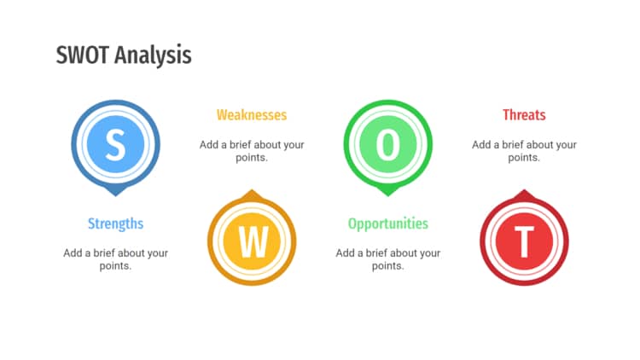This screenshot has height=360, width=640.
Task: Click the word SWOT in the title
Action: click(83, 55)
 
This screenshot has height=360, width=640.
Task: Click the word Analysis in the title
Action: click(153, 56)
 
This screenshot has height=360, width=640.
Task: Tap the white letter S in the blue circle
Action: click(115, 144)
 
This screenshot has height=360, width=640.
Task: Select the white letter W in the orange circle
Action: click(253, 241)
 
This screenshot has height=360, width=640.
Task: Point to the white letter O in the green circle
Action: click(387, 144)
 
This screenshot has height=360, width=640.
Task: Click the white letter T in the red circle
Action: click(524, 241)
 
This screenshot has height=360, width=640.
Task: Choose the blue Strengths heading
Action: click(115, 224)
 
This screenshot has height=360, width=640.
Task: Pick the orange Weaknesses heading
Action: click(252, 114)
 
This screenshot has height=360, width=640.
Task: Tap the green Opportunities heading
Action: click(388, 224)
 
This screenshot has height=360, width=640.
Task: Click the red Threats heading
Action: click(524, 114)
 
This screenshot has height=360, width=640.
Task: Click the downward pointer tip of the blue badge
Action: click(115, 196)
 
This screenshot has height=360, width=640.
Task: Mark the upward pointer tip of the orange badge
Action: click(252, 189)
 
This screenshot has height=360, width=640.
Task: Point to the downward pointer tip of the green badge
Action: click(387, 196)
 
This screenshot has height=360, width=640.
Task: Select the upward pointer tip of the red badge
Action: click(524, 189)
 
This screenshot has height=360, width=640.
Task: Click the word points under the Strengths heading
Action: click(114, 266)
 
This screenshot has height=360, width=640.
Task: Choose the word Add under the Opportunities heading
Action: click(345, 253)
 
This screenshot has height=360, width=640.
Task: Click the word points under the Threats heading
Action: click(522, 158)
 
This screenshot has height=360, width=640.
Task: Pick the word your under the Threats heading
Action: click(566, 145)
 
